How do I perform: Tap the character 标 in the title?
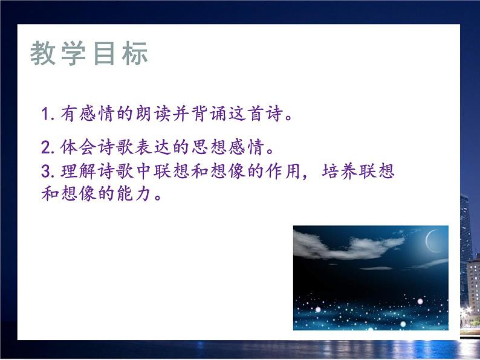point(134,54)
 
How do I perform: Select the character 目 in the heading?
point(104,54)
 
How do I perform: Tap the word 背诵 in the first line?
point(207,114)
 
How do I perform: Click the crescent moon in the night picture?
point(430,242)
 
